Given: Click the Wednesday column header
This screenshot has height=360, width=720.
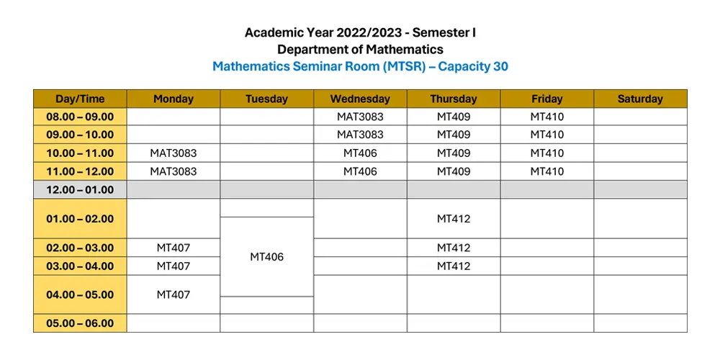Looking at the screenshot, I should pyautogui.click(x=360, y=99).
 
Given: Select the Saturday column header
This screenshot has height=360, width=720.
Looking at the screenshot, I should pyautogui.click(x=640, y=99).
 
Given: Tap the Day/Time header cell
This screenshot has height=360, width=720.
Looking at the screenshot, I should pyautogui.click(x=80, y=99).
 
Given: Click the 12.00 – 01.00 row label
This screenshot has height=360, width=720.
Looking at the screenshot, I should pyautogui.click(x=80, y=190).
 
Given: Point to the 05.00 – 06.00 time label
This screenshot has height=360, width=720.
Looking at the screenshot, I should pyautogui.click(x=80, y=323).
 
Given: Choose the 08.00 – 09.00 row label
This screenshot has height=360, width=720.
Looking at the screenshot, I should pyautogui.click(x=80, y=116).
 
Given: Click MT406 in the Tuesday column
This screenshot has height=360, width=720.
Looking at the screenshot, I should pyautogui.click(x=266, y=257).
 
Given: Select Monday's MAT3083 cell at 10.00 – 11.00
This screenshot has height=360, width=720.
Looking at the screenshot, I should pyautogui.click(x=174, y=153).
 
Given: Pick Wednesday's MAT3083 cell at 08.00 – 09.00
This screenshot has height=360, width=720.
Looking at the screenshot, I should pyautogui.click(x=360, y=116).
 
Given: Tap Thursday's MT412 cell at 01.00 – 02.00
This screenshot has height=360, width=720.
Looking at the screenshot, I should pyautogui.click(x=454, y=219).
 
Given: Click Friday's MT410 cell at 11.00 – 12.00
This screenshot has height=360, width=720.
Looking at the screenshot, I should pyautogui.click(x=547, y=171).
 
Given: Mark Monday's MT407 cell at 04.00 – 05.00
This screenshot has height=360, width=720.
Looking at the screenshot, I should pyautogui.click(x=174, y=294).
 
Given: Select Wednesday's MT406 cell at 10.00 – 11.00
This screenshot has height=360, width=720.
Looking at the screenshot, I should pyautogui.click(x=360, y=153).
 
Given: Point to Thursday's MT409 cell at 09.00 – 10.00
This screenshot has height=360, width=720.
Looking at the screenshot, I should pyautogui.click(x=454, y=135).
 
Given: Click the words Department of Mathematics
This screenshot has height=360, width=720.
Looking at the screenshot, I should pyautogui.click(x=360, y=50).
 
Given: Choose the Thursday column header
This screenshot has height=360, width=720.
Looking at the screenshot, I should pyautogui.click(x=454, y=99).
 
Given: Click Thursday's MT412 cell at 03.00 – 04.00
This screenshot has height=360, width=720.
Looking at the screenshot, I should pyautogui.click(x=454, y=266).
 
